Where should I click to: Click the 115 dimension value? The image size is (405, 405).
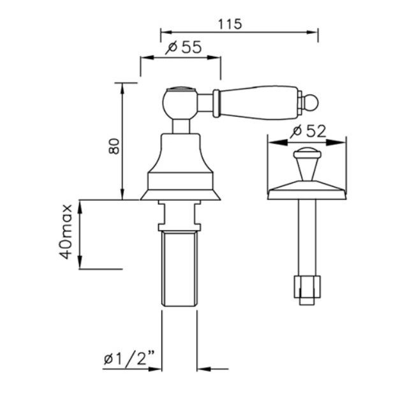point(230,24)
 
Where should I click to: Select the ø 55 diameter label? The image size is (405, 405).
point(184,47)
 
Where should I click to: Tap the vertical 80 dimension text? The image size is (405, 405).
point(114,147)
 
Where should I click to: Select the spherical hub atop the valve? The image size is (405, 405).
point(180,103)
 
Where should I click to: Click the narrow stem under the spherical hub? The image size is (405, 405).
point(180,126)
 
